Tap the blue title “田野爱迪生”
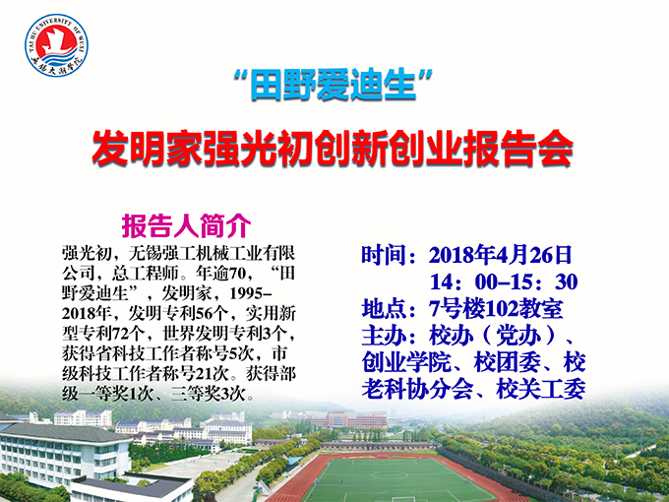point(335,86)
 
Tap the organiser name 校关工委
point(547,388)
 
